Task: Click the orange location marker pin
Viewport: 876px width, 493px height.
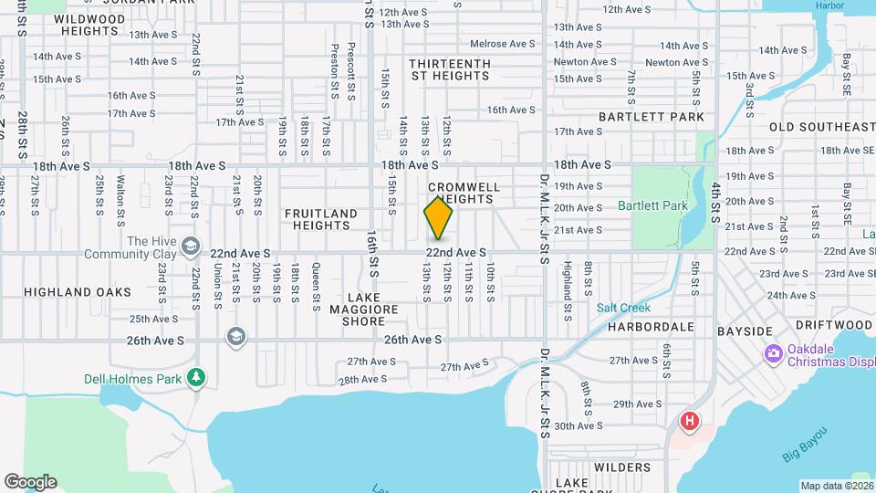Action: point(438,217)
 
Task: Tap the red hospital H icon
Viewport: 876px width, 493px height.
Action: point(690,421)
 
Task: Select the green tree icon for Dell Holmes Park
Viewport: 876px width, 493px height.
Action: point(195,377)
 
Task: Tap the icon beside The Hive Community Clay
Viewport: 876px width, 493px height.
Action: point(190,246)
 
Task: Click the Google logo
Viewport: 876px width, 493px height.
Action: point(30,482)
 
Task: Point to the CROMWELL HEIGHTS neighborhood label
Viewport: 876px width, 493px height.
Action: point(464,193)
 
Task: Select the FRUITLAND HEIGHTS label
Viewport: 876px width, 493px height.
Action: point(320,219)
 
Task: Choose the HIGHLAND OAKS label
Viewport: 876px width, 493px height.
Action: point(77,292)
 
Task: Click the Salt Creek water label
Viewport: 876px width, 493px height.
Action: point(622,308)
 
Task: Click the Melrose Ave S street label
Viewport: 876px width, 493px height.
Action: point(502,44)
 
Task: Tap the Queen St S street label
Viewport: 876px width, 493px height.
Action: point(316,282)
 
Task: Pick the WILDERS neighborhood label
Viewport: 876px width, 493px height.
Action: point(621,467)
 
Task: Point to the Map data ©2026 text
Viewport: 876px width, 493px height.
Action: point(835,486)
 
